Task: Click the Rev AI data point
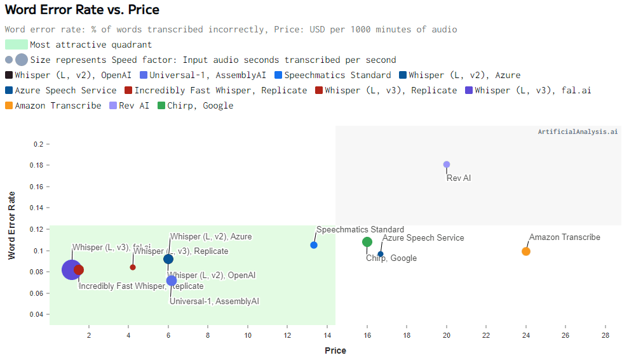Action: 447,164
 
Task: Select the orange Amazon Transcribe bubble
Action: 526,251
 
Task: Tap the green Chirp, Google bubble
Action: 367,242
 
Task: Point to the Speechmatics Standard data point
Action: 314,245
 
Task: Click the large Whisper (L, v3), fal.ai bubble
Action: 72,270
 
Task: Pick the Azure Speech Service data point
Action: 381,254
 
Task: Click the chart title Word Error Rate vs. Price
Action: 82,10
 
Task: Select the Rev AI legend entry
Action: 133,105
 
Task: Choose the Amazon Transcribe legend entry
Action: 58,105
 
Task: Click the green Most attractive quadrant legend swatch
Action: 17,44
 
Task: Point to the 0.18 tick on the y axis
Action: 38,166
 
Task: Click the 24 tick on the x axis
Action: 526,335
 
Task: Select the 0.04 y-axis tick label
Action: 38,315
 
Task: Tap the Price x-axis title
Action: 335,350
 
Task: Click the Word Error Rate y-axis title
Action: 11,225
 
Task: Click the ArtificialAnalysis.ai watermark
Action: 578,132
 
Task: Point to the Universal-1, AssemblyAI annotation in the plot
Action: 214,301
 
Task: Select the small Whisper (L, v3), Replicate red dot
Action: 133,267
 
